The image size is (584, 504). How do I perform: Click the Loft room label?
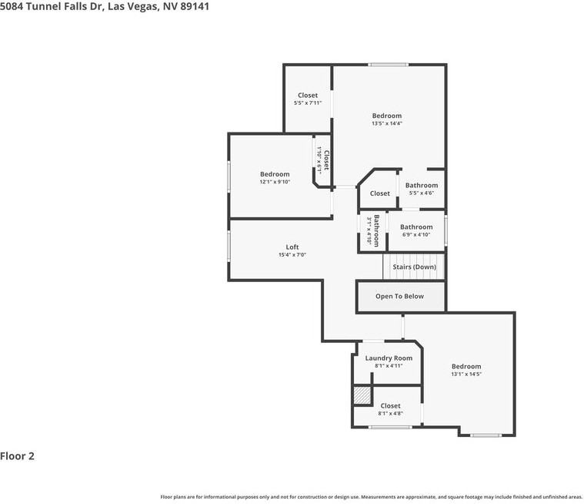tap(292, 247)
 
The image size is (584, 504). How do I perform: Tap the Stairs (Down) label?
tap(414, 267)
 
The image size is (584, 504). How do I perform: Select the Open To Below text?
tap(399, 296)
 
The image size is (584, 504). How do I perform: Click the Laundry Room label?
tap(389, 358)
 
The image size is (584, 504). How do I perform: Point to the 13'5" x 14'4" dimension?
tap(387, 123)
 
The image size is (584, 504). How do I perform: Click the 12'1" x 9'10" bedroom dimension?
tap(275, 182)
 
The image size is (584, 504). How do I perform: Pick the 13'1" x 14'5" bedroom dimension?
tap(466, 375)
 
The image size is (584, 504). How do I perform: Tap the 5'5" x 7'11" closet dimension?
tap(308, 102)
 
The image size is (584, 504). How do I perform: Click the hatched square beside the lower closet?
tap(362, 395)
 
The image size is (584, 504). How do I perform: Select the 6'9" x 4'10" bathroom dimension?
tap(416, 235)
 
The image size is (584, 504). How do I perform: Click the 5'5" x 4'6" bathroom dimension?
tap(422, 193)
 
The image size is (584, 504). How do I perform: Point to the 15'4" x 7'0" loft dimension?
tap(292, 255)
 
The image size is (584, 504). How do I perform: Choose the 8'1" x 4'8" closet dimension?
tap(390, 414)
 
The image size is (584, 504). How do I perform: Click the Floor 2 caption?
tap(18, 456)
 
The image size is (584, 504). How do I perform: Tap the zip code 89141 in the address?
tap(194, 6)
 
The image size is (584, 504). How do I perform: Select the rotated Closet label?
tap(326, 160)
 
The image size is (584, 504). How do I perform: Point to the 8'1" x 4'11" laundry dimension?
tap(389, 366)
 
